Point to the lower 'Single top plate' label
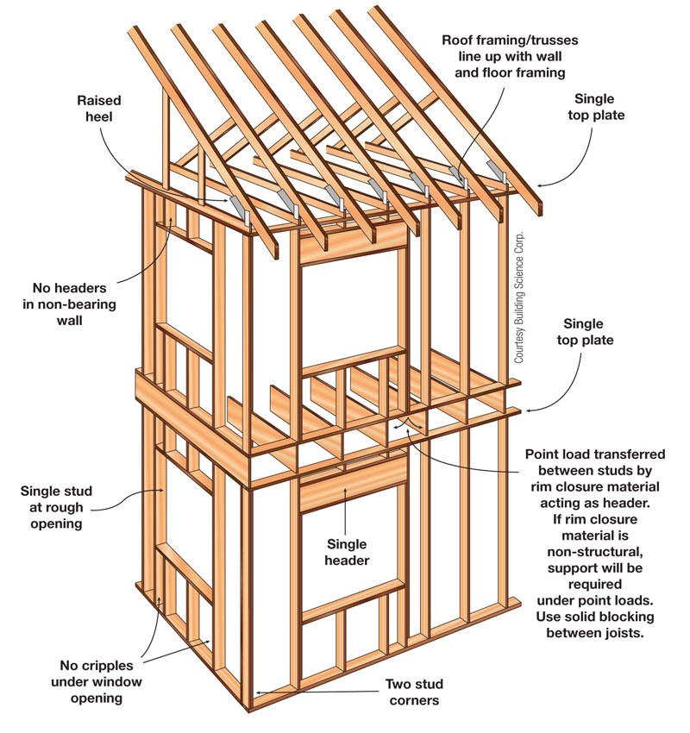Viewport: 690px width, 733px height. (x=588, y=332)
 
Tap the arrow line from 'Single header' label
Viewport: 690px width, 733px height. (x=347, y=516)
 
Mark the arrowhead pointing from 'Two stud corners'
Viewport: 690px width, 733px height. (x=254, y=692)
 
